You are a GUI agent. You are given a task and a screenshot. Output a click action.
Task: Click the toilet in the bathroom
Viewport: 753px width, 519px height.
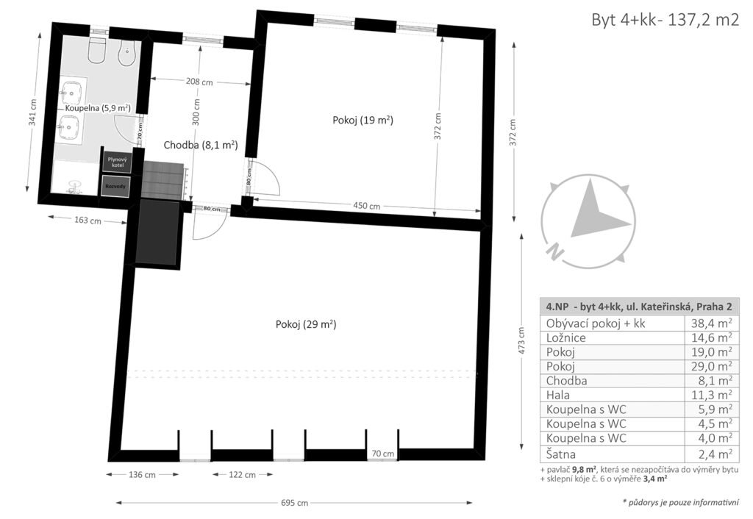(97, 50)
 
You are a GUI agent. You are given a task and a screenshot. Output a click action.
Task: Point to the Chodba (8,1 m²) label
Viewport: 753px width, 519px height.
(201, 145)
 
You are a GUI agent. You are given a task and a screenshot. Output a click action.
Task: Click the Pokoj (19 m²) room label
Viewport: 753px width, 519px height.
(363, 120)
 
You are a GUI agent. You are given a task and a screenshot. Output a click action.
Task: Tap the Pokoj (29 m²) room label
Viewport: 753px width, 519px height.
(306, 324)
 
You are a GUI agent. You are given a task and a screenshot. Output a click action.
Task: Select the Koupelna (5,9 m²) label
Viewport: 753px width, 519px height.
(98, 108)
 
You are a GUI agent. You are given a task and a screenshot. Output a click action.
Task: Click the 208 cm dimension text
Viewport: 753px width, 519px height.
(199, 82)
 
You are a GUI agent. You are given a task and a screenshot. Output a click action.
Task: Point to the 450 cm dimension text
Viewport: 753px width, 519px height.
(367, 206)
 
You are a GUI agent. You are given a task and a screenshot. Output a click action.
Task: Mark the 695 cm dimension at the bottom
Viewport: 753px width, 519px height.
(294, 503)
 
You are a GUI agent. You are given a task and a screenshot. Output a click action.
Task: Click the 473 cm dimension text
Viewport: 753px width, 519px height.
(521, 340)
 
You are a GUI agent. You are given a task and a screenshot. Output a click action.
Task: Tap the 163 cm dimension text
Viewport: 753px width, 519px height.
(88, 220)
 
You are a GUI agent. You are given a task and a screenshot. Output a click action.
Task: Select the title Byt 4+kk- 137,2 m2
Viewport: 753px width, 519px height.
(665, 20)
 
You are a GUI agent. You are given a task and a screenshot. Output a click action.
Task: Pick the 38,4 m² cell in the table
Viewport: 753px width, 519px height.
(712, 323)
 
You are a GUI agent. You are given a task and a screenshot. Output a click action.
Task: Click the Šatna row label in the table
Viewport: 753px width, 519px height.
(560, 454)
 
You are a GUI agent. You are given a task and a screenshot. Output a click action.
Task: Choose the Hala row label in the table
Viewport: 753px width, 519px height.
(558, 395)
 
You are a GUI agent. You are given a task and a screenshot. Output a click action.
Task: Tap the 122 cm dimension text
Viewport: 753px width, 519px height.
(242, 474)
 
